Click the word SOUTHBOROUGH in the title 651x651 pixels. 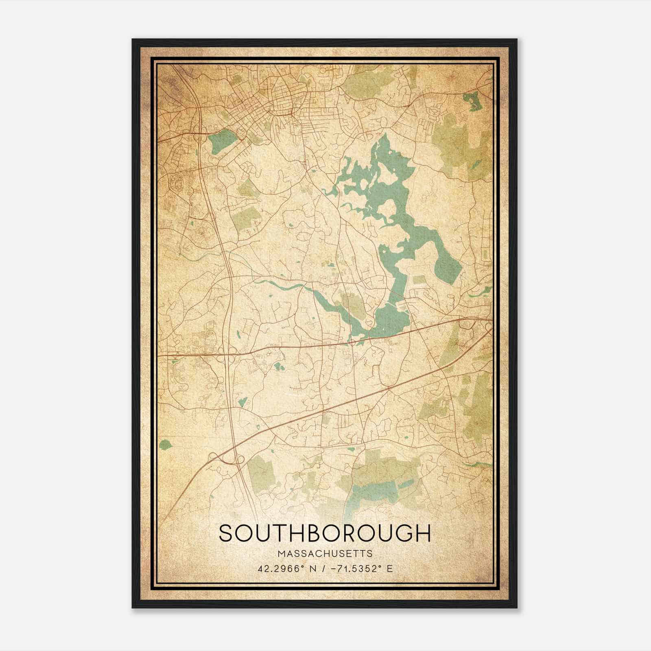click(324, 533)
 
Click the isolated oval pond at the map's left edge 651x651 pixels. click(165, 444)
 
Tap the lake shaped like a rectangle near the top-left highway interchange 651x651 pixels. click(222, 141)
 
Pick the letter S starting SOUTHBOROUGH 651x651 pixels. click(226, 533)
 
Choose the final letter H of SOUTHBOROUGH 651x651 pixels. click(423, 533)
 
